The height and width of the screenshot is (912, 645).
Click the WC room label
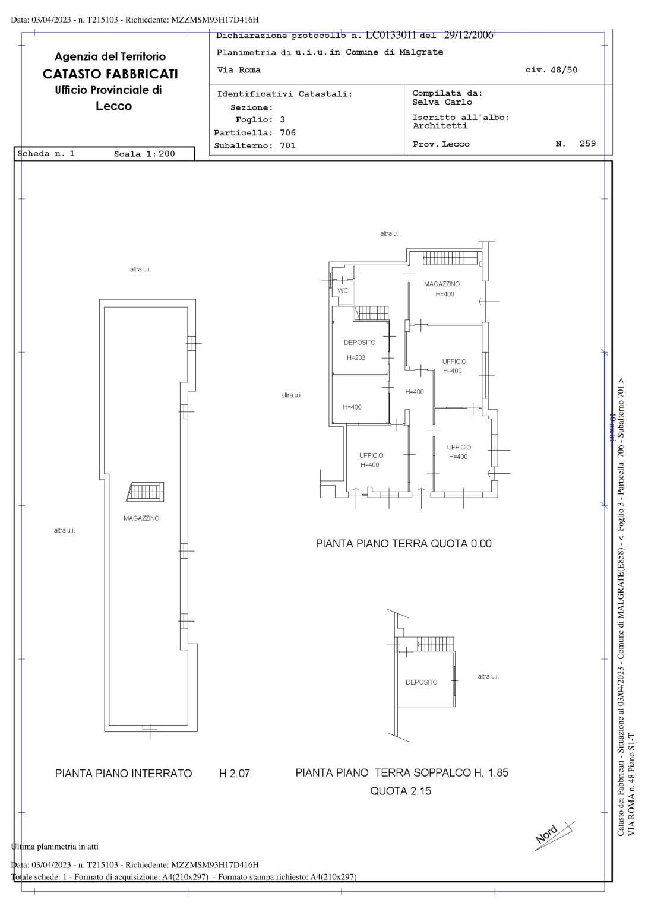point(343,291)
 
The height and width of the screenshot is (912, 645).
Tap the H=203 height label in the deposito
point(356,358)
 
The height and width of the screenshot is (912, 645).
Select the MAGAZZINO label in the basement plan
point(141,518)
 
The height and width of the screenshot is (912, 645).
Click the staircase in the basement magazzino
point(146,492)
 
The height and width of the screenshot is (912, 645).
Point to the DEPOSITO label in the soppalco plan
point(422,682)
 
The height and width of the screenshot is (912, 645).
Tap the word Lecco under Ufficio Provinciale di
point(113,106)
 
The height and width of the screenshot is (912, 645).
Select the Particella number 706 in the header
point(288,133)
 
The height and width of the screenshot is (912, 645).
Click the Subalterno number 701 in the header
point(288,145)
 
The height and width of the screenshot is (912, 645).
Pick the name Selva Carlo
point(442,102)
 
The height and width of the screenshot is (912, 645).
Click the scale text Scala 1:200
point(144,154)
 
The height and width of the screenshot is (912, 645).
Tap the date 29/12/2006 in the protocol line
point(469,35)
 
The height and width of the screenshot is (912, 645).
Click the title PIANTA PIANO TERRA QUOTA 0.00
point(403,543)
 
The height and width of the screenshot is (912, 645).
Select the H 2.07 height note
point(235,773)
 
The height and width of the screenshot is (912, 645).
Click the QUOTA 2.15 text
point(401,791)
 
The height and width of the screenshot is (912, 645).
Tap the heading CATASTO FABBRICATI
point(110,74)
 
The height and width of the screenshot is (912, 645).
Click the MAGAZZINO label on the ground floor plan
point(442,284)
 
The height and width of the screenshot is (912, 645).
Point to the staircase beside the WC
point(371,313)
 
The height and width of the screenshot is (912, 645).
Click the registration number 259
point(587,143)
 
